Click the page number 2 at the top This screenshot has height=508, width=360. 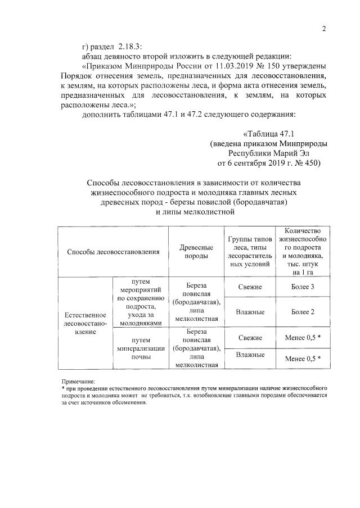pos(324,30)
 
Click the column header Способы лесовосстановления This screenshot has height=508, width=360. pos(113,252)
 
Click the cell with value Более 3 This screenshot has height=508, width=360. pos(303,287)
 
